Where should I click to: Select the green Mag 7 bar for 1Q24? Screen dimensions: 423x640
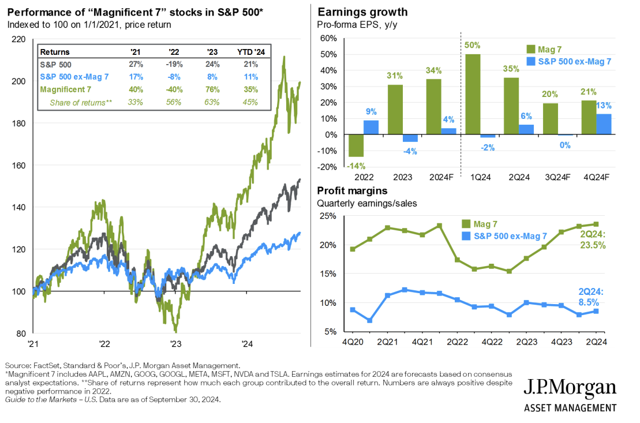[473, 95]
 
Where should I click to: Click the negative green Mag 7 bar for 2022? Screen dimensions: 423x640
[356, 146]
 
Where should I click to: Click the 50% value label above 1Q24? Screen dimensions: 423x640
[473, 46]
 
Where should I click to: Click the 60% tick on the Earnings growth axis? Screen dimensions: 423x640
[329, 39]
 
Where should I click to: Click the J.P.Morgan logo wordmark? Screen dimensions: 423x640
[570, 388]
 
